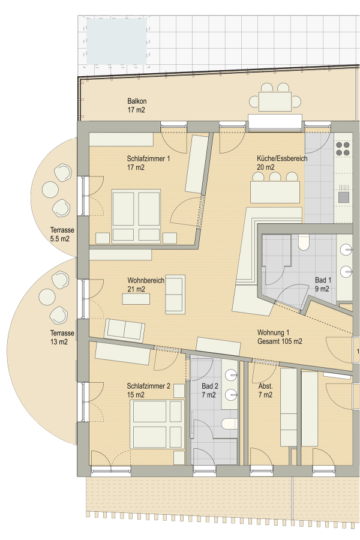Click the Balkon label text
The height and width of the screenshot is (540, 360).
[137, 106]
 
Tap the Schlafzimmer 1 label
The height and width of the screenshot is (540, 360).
[148, 163]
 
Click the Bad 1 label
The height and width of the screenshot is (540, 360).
[323, 284]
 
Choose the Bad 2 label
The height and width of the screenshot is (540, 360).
[210, 390]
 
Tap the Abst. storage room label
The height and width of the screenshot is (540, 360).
[265, 390]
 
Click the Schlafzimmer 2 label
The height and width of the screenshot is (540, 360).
[148, 390]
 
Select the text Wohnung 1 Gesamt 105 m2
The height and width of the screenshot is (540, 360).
[279, 337]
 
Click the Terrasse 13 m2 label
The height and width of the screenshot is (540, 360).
[62, 338]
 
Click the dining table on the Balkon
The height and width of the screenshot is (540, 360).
[275, 101]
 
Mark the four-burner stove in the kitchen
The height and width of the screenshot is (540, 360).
[343, 148]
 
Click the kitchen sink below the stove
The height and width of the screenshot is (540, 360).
[344, 196]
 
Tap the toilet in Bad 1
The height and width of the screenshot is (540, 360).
[303, 242]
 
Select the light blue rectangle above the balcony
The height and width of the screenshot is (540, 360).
[116, 41]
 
